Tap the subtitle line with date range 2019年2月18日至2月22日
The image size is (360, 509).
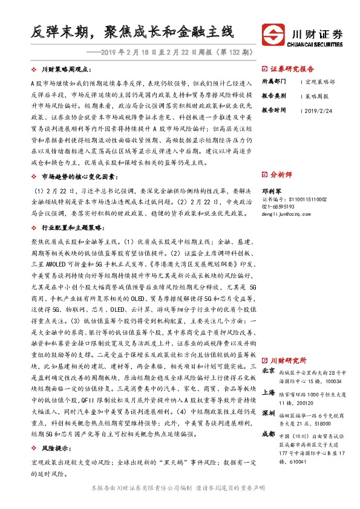click(x=175, y=53)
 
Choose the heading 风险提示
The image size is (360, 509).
click(x=54, y=450)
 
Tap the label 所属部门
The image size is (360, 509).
click(x=273, y=81)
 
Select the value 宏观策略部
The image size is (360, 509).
click(x=321, y=81)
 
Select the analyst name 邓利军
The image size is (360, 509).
click(x=272, y=189)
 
